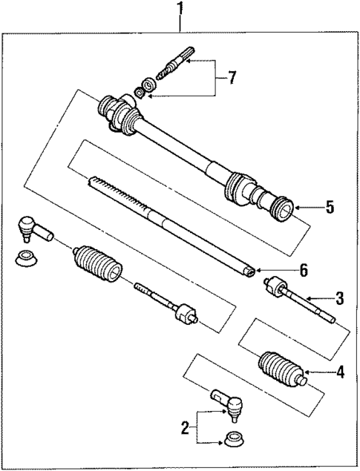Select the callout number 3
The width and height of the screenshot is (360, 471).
click(x=339, y=299)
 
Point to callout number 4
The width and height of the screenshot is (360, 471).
click(x=340, y=373)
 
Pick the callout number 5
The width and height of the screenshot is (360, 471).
click(x=330, y=207)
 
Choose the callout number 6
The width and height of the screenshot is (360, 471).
click(x=281, y=271)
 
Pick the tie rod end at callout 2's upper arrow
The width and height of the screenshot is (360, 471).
click(x=229, y=404)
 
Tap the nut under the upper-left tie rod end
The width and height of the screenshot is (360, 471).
click(x=27, y=259)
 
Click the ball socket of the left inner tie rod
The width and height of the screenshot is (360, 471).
click(x=183, y=315)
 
